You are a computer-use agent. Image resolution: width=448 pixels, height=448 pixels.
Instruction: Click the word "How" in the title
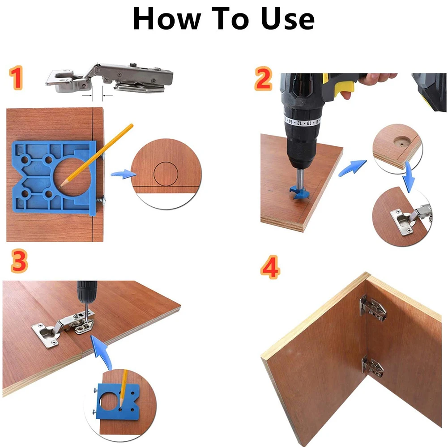[x=167, y=18]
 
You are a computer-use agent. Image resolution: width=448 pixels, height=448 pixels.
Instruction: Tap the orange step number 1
[x=16, y=78]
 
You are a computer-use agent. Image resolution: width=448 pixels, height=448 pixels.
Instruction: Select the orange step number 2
[x=263, y=79]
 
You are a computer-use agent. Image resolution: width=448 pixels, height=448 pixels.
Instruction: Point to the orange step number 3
[x=19, y=261]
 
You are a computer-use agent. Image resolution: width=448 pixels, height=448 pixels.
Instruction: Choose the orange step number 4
[x=270, y=268]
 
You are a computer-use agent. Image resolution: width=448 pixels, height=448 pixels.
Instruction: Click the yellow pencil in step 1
[x=96, y=155]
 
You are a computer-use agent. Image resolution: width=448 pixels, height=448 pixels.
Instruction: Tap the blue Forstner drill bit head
[x=300, y=192]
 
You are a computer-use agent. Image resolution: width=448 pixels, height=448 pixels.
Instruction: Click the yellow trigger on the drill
[x=345, y=88]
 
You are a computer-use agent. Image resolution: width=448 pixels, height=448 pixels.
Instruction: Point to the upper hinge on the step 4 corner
[x=372, y=308]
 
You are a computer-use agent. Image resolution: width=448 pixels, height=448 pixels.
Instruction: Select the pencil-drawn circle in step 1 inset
[x=166, y=174]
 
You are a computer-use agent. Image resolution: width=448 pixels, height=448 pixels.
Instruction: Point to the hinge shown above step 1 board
[x=109, y=78]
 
